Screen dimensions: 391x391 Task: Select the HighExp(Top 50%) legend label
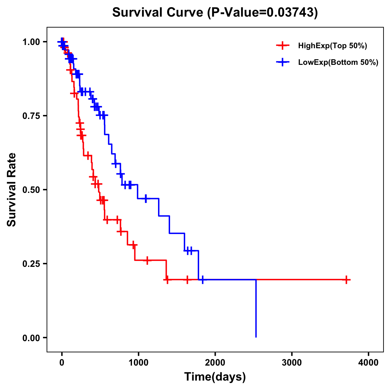(332, 46)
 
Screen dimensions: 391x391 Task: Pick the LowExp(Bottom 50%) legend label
(338, 63)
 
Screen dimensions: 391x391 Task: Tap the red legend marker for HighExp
(283, 46)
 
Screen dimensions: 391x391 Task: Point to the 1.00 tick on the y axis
(31, 42)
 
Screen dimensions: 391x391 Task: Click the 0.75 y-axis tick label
(31, 116)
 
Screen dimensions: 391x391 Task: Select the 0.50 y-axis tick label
(31, 190)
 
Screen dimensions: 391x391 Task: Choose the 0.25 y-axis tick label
(31, 264)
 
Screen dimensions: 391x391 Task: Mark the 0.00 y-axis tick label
(31, 338)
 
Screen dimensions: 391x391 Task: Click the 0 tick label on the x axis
(62, 363)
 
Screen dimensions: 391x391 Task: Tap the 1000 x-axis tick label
(138, 363)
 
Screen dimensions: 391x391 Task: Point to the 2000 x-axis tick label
(215, 363)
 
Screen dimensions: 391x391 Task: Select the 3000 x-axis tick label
(292, 363)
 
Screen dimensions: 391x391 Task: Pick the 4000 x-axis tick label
(369, 363)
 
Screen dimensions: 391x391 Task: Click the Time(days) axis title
(215, 377)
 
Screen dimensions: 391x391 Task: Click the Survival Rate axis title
(12, 190)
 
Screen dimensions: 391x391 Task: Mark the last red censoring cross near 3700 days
(346, 280)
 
